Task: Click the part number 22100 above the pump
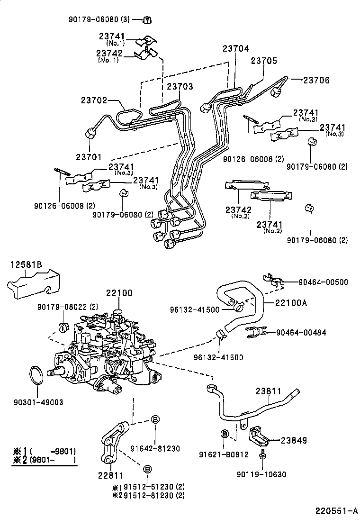tap(119, 294)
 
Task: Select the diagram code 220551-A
tap(336, 511)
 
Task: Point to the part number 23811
tap(269, 392)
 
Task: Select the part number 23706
tap(316, 80)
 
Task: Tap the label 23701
tap(89, 155)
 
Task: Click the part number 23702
tap(94, 100)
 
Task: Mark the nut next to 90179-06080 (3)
tap(147, 20)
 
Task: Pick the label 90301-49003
tap(36, 402)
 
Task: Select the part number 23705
tap(264, 61)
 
